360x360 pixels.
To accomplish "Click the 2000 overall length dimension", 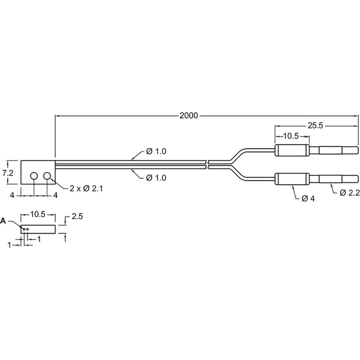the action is (188, 115).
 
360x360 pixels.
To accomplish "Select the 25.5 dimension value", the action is (315, 125).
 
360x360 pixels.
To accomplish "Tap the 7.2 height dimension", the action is (8, 173).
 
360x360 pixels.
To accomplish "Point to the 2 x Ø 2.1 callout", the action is (86, 188).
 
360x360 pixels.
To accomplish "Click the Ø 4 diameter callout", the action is (308, 199).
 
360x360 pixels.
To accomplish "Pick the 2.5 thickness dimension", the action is (77, 216).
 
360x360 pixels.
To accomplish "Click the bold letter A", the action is (3, 221).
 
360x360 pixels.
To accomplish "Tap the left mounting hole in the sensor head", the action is (34, 176).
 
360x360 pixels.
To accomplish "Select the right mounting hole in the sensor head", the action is (47, 176).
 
